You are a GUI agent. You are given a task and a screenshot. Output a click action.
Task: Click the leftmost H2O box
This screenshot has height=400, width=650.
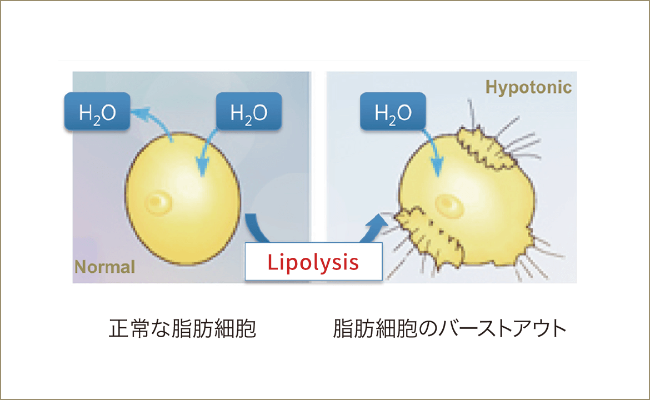click(x=97, y=112)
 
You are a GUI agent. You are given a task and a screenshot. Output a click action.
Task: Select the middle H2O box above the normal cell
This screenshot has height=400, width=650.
click(x=249, y=112)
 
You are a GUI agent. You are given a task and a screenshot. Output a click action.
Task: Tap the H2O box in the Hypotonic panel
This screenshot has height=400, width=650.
click(x=393, y=112)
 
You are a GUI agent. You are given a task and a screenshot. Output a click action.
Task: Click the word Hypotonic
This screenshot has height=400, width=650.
click(x=528, y=87)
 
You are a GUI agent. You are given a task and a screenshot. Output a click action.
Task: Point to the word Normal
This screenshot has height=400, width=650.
click(x=104, y=267)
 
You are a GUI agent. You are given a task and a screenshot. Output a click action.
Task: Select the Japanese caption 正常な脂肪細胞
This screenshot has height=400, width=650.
click(x=182, y=328)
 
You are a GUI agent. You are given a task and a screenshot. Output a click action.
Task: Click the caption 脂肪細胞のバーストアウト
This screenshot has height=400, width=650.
click(x=449, y=328)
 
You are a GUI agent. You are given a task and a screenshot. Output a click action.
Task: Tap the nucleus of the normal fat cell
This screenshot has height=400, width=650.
click(x=156, y=200)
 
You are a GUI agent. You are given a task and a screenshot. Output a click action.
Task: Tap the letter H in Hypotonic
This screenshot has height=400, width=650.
click(x=492, y=87)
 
